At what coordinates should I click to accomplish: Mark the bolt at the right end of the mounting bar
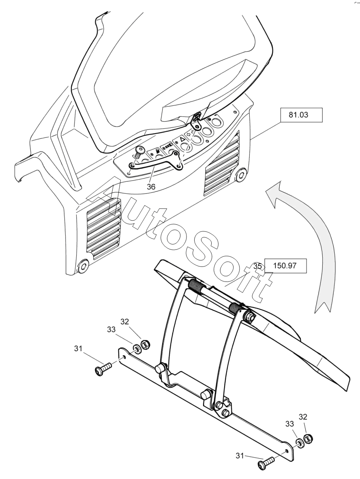tap(266, 463)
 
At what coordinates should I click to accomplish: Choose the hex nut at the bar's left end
tap(144, 346)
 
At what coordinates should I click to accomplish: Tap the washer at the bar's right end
tap(299, 443)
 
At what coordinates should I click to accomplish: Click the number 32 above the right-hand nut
tap(304, 417)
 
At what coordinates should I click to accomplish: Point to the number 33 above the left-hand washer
tap(111, 330)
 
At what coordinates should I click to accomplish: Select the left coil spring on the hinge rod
tap(196, 287)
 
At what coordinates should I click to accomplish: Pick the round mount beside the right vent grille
tap(241, 175)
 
